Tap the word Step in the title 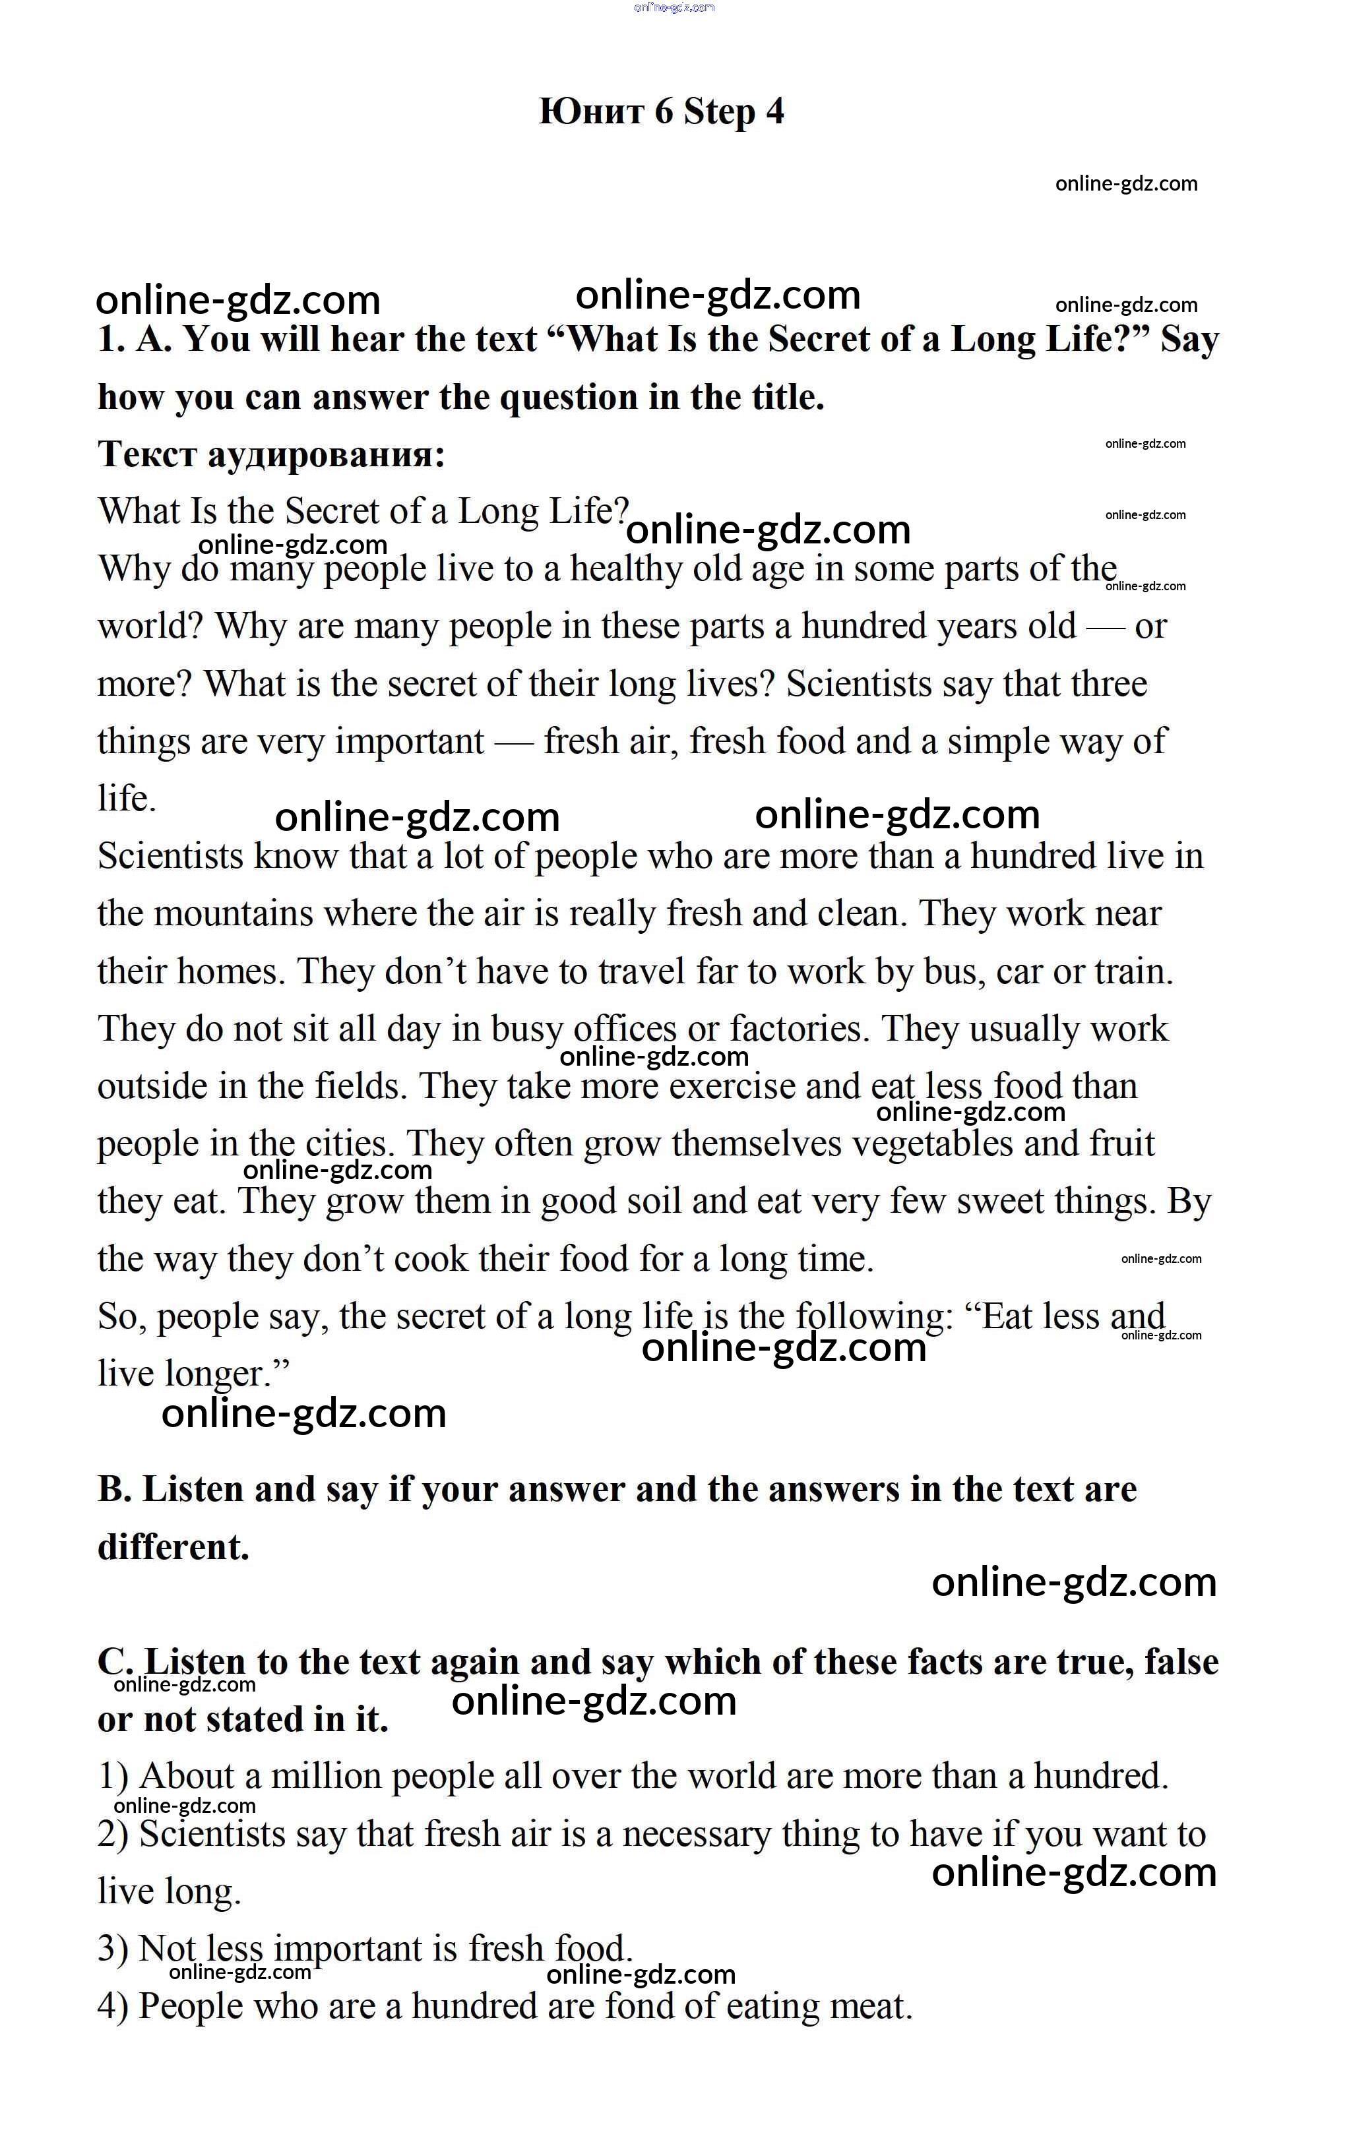pyautogui.click(x=720, y=112)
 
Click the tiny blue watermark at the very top pyautogui.click(x=674, y=8)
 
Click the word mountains pyautogui.click(x=234, y=913)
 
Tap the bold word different pyautogui.click(x=173, y=1547)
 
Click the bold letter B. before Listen pyautogui.click(x=115, y=1490)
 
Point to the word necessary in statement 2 pyautogui.click(x=696, y=1834)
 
